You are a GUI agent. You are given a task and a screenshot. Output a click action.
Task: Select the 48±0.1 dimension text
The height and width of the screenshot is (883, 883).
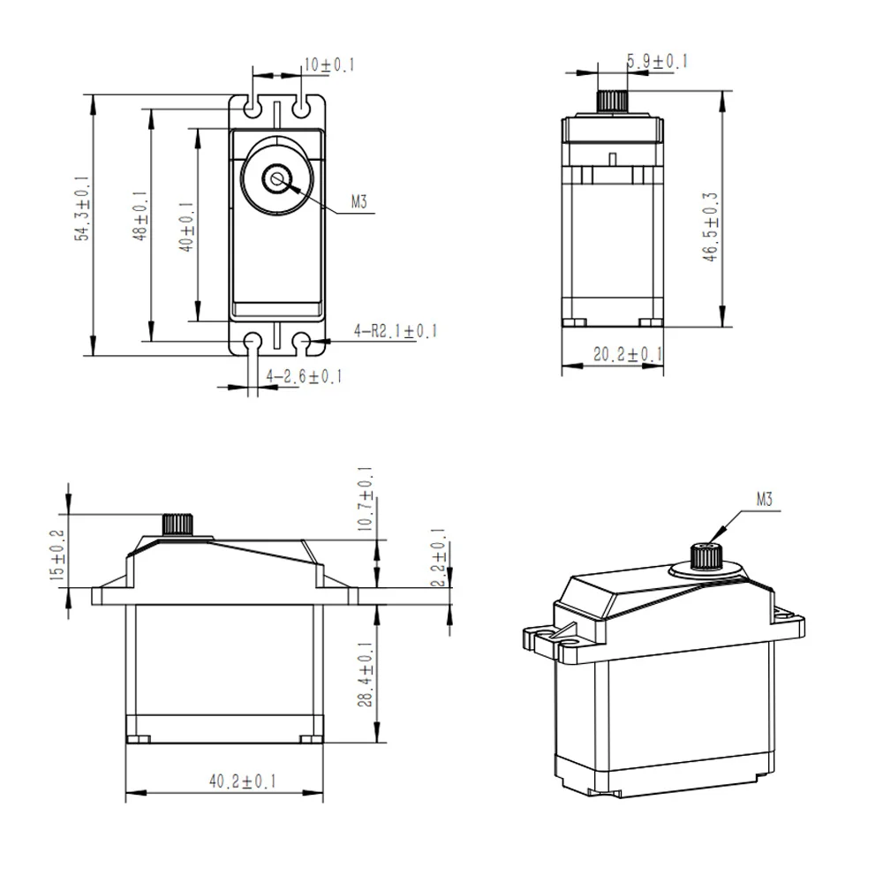pyautogui.click(x=139, y=219)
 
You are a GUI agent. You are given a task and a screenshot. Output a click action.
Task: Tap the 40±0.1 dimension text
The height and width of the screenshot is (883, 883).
pyautogui.click(x=185, y=227)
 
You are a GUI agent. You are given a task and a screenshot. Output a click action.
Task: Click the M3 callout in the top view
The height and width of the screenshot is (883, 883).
pyautogui.click(x=358, y=202)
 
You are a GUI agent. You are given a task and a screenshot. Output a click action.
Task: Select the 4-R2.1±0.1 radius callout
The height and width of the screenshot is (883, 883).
pyautogui.click(x=395, y=331)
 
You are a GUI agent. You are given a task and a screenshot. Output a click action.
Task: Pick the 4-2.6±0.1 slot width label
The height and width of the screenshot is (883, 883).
pyautogui.click(x=304, y=377)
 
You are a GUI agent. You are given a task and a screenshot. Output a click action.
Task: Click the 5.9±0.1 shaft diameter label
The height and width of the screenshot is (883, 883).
pyautogui.click(x=657, y=61)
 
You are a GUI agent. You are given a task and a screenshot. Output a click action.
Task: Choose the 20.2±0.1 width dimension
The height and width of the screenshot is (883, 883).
pyautogui.click(x=628, y=355)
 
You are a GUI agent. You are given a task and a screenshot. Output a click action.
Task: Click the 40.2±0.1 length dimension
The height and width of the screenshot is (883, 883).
pyautogui.click(x=242, y=781)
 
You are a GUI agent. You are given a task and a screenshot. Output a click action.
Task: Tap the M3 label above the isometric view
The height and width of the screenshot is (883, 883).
pyautogui.click(x=765, y=500)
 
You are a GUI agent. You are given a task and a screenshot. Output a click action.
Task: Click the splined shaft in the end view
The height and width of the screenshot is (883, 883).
pyautogui.click(x=612, y=100)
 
